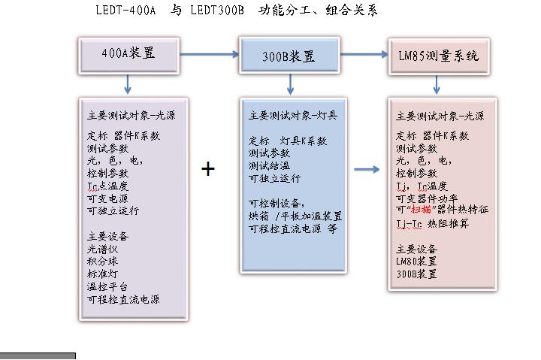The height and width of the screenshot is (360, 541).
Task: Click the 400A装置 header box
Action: (128, 53)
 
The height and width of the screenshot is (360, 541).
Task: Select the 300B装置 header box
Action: (289, 56)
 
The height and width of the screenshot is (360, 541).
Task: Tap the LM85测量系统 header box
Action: (439, 56)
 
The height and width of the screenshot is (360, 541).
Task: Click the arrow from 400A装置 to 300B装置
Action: (208, 54)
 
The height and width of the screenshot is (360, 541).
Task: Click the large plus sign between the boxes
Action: (208, 169)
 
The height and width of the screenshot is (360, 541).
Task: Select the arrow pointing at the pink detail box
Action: (366, 169)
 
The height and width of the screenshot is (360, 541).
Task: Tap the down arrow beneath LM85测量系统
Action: (439, 84)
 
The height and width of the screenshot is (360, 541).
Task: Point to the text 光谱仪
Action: (103, 249)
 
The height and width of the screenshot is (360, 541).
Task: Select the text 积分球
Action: (103, 261)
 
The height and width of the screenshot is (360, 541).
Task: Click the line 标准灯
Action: (103, 274)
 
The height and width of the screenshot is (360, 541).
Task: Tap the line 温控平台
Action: (107, 286)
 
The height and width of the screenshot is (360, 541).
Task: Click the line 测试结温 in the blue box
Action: (270, 165)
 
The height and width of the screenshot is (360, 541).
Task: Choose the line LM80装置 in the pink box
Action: (416, 262)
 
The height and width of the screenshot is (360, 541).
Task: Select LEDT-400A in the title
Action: (125, 11)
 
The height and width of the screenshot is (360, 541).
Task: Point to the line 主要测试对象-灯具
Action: (292, 116)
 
